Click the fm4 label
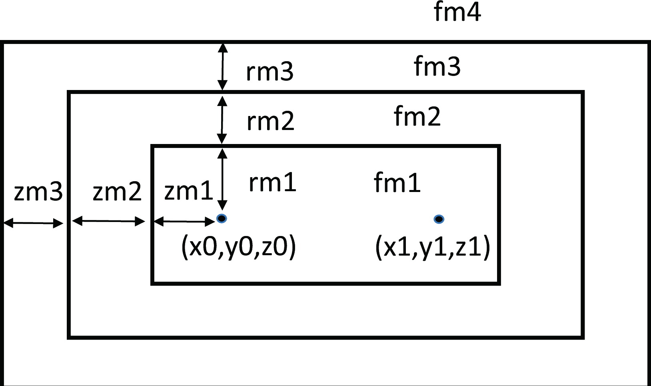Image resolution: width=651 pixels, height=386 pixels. tap(457, 12)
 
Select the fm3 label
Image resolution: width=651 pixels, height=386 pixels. tap(437, 66)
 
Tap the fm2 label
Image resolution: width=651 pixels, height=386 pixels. tap(417, 117)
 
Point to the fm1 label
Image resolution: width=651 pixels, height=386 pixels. tap(397, 183)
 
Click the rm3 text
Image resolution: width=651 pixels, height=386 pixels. tap(270, 72)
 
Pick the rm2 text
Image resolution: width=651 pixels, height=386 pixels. tap(270, 122)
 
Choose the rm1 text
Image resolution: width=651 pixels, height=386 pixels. tap(272, 183)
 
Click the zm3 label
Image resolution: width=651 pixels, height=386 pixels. tap(38, 192)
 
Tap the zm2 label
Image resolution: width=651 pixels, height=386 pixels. tap(117, 192)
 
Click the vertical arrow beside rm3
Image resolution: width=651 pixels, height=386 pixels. tap(222, 67)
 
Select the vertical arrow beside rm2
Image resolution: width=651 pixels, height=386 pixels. tap(222, 119)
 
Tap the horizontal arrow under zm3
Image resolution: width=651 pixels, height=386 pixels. tap(34, 223)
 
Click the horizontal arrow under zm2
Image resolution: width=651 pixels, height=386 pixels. tap(108, 221)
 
